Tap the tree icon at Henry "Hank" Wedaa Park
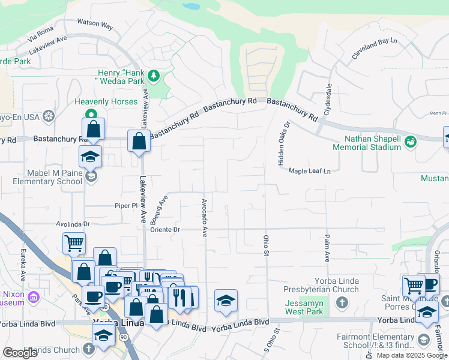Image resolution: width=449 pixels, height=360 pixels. click(154, 76)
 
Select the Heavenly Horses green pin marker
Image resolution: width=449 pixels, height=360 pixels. click(91, 114)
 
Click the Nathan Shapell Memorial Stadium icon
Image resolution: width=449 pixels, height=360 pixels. click(411, 142)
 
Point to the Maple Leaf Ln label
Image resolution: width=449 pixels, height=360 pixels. click(310, 171)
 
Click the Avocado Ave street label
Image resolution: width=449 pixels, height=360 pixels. click(205, 218)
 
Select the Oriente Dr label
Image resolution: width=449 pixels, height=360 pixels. click(165, 229)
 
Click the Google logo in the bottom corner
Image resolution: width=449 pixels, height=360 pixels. click(20, 353)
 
